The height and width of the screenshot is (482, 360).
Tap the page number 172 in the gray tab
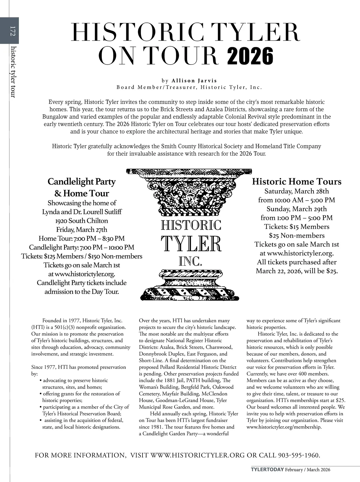pyautogui.click(x=12, y=31)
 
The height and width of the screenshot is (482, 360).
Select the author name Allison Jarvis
pyautogui.click(x=194, y=80)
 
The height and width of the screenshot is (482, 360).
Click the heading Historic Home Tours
pyautogui.click(x=296, y=182)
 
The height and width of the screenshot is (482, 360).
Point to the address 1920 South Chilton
pyautogui.click(x=82, y=221)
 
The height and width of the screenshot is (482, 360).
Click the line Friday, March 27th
pyautogui.click(x=82, y=230)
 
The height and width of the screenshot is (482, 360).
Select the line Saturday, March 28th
pyautogui.click(x=296, y=191)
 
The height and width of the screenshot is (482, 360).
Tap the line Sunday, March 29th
pyautogui.click(x=296, y=209)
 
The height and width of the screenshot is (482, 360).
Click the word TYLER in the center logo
pyautogui.click(x=191, y=244)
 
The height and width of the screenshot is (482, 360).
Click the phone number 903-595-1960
pyautogui.click(x=298, y=455)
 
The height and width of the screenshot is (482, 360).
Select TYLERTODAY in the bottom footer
pyautogui.click(x=267, y=470)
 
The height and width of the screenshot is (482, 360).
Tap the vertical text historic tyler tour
pyautogui.click(x=13, y=72)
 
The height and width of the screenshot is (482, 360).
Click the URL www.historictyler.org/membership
pyautogui.click(x=284, y=427)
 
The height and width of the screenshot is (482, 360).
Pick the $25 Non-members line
pyautogui.click(x=296, y=236)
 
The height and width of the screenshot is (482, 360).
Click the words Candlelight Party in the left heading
pyautogui.click(x=82, y=182)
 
